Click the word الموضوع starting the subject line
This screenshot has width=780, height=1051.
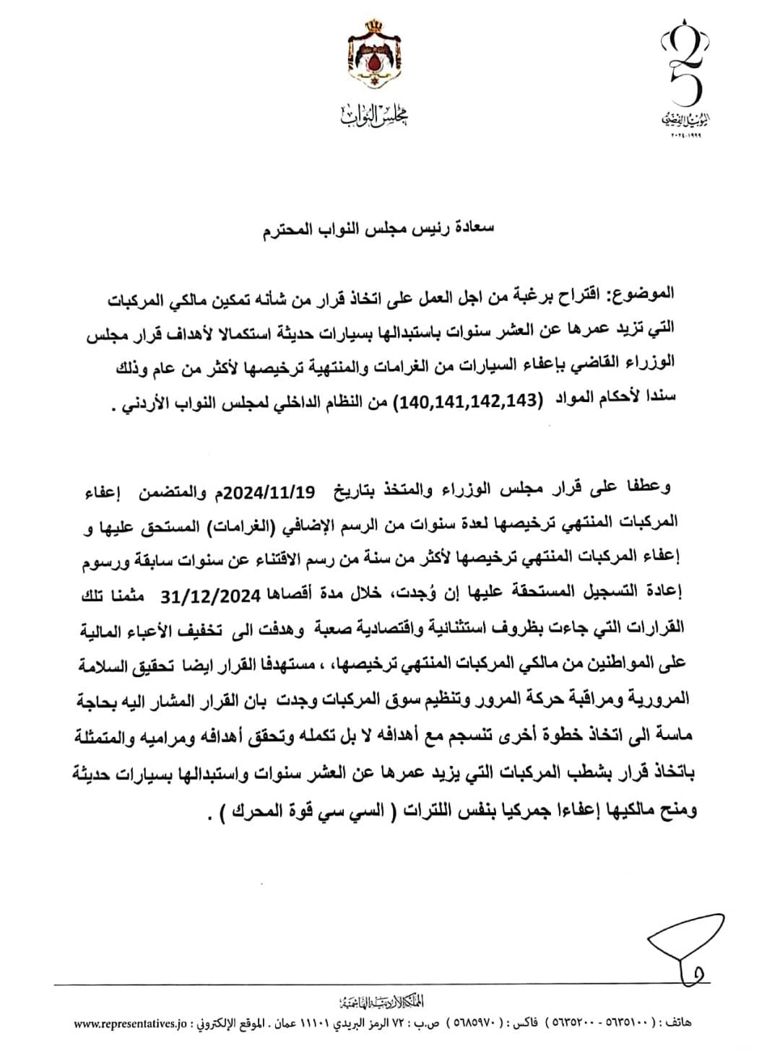click(x=642, y=295)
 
